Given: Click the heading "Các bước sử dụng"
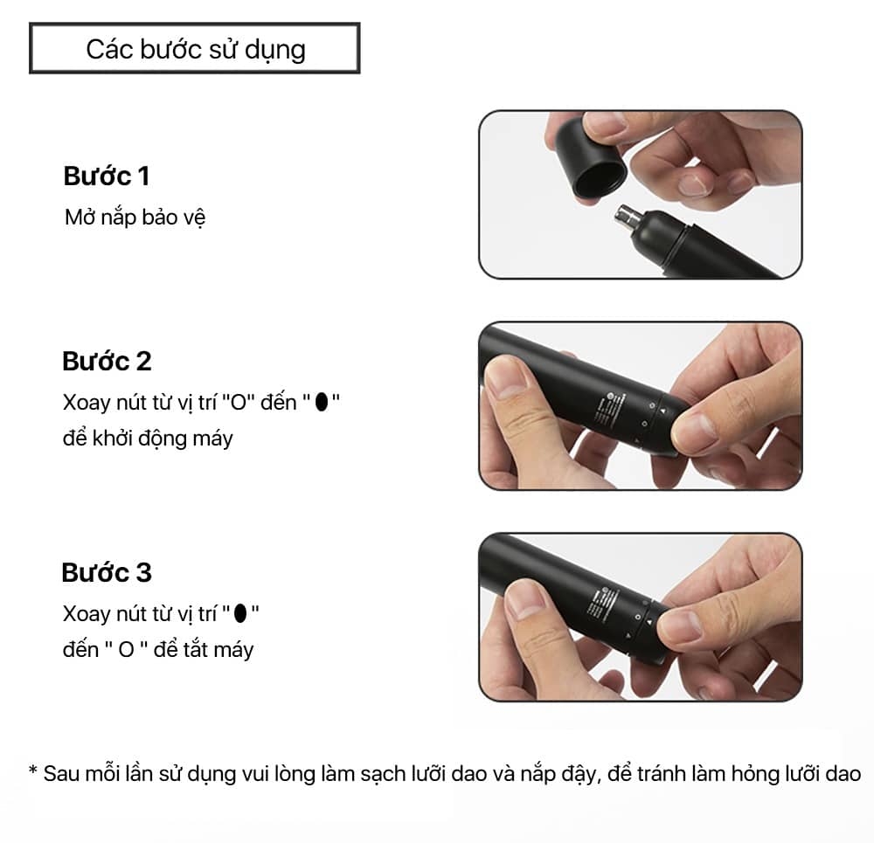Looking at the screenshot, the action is pos(196,50).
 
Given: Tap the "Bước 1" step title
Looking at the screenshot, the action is pos(107,176).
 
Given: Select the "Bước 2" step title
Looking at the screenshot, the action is pos(107,361).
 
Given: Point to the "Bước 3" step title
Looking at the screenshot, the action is pos(107,572).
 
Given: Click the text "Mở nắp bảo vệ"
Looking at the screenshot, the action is pos(135,218).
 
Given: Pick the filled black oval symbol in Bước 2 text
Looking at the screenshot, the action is pos(322,401).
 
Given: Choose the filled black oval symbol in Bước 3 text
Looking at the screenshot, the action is pos(240,613).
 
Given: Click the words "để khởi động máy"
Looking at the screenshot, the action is pos(148,439).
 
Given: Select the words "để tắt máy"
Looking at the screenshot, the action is pos(204,650).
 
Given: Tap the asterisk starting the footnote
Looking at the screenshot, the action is pos(33,770).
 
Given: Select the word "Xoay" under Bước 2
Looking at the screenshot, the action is pos(87,402).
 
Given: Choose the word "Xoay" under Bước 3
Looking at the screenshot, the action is pos(87,614).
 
